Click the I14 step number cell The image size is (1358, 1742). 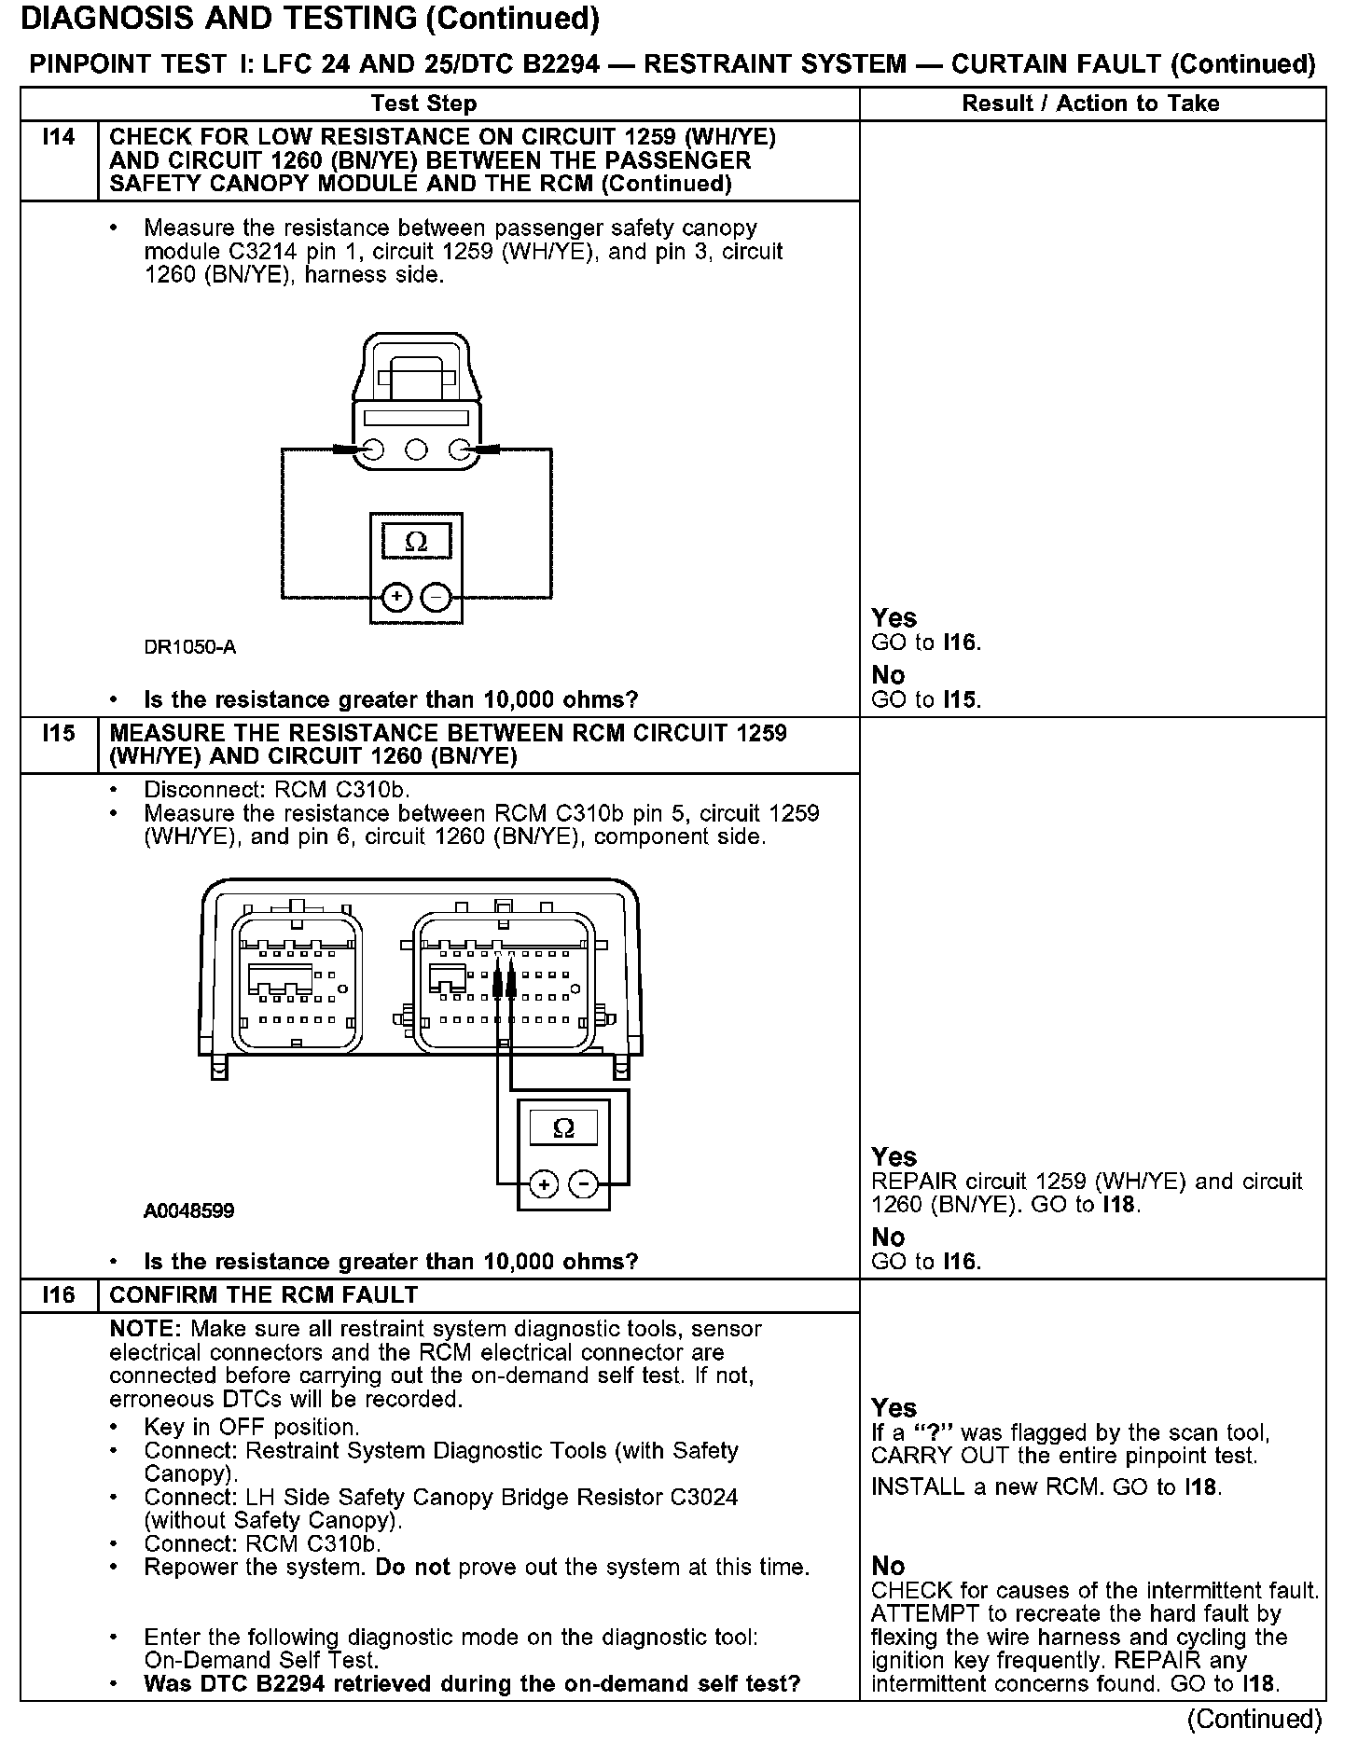coord(59,138)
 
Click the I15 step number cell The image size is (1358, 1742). coord(59,734)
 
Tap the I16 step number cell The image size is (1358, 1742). coord(59,1295)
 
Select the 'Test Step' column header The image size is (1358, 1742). coord(423,104)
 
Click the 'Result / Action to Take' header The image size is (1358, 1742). coord(1090,104)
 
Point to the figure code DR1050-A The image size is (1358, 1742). coord(190,647)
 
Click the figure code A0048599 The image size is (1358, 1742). coord(189,1211)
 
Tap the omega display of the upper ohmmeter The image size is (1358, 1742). coord(416,542)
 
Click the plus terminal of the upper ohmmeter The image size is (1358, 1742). coord(396,597)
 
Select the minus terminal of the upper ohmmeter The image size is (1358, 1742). coord(436,597)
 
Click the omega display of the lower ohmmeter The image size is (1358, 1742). coord(563,1129)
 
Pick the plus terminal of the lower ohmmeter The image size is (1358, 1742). coord(544,1184)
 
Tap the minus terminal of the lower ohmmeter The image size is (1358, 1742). coord(584,1184)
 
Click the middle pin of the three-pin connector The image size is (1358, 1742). coord(417,451)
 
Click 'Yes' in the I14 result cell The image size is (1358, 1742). coord(894,618)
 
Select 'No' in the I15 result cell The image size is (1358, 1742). coord(888,1237)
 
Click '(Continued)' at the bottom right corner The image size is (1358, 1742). coord(1254,1719)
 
